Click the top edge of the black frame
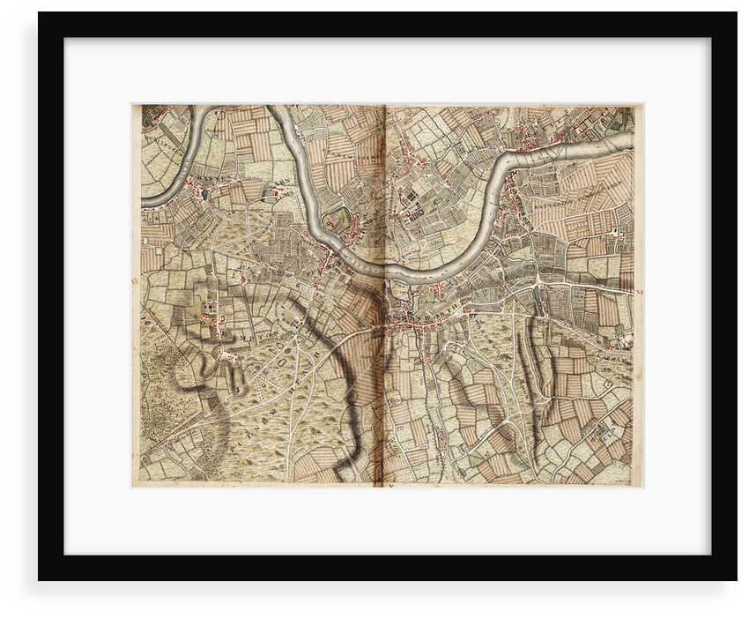(x=388, y=24)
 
